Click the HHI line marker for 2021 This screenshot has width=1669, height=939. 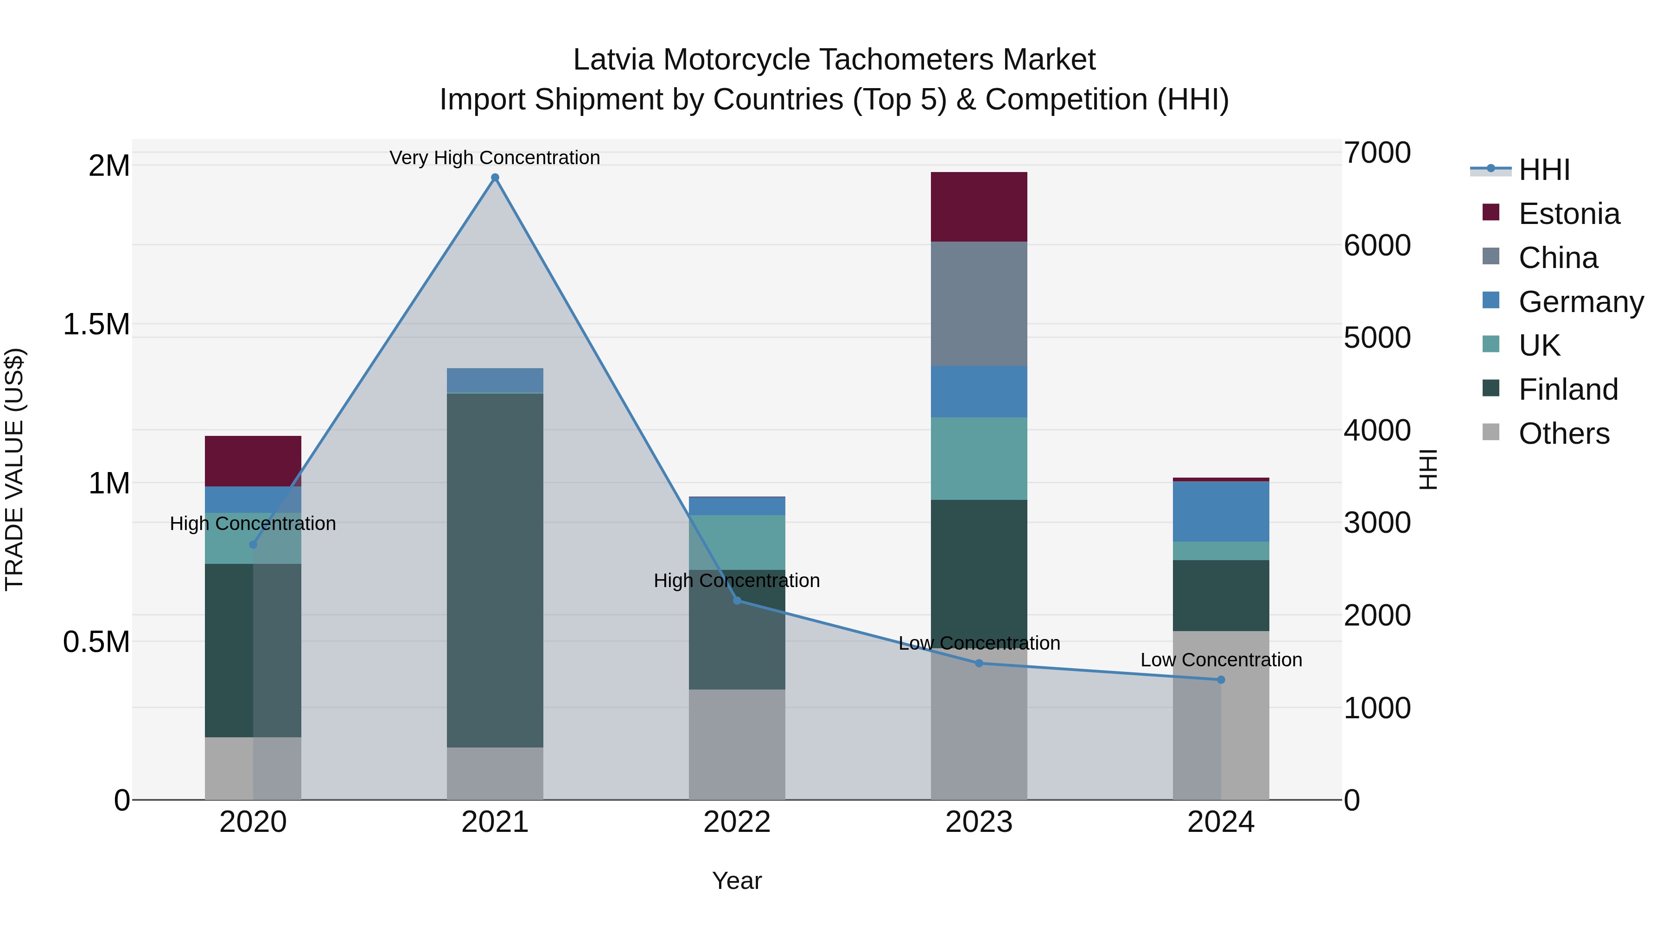point(495,178)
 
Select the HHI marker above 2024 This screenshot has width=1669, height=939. point(1221,680)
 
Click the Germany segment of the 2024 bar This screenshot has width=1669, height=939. point(1221,511)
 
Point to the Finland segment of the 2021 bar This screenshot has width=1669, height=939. point(495,570)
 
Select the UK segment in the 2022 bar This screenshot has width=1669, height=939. point(737,543)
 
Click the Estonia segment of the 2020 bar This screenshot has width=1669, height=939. point(253,461)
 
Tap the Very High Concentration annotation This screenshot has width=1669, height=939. point(495,158)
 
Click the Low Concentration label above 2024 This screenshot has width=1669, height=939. point(1221,660)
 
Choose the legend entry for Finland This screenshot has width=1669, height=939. point(1568,390)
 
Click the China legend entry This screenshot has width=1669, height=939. point(1558,258)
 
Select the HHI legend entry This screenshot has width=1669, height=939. point(1543,170)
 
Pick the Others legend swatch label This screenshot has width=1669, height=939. point(1563,434)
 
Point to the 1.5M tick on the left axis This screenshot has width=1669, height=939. point(96,324)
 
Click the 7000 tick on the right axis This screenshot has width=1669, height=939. point(1377,153)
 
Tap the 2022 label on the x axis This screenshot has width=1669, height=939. point(737,822)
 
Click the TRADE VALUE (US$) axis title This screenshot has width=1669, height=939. point(14,469)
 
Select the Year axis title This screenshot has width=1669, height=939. point(737,881)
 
